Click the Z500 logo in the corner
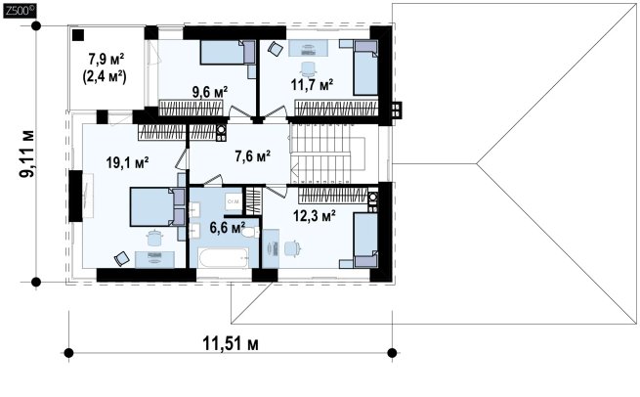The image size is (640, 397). point(20,11)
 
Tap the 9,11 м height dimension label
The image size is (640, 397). point(27,154)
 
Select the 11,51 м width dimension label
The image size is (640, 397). point(231,344)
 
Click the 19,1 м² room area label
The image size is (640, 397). point(127,163)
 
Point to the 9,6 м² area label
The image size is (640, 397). point(210,92)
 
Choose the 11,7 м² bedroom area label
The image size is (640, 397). point(313,84)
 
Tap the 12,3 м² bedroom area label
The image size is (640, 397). point(315,215)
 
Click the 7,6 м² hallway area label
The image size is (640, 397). point(253,156)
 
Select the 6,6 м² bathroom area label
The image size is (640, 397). point(228,228)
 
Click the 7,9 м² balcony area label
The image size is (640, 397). point(107,60)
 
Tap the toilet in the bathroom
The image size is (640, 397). point(249,233)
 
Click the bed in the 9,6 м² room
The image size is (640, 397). point(228,52)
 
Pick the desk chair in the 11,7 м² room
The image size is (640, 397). point(308,68)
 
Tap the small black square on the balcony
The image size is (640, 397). point(78,35)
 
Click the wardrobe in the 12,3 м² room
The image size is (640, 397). point(332,195)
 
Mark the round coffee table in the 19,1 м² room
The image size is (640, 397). point(154,239)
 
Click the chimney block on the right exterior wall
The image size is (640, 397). point(397,110)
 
